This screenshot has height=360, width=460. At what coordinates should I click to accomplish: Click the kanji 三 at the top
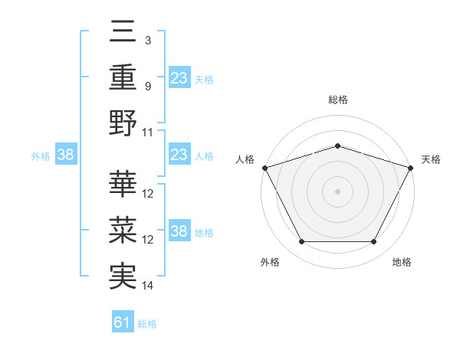[123, 33]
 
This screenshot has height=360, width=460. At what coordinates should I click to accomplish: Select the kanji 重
[123, 77]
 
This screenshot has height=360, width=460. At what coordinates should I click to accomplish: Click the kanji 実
[123, 275]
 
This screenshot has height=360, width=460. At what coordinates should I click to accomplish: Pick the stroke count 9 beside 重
[148, 86]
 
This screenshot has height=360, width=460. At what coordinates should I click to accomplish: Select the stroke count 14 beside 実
[148, 285]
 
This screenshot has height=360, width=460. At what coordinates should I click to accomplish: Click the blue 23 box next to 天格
[179, 78]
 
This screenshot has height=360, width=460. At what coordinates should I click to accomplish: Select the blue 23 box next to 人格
[179, 155]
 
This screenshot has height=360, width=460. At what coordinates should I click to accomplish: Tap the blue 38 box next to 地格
[179, 232]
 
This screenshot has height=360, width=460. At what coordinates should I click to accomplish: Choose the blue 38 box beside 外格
[65, 155]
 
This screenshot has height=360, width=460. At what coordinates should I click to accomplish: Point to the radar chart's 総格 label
[337, 100]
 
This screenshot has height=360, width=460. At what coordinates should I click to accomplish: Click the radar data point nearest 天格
[412, 167]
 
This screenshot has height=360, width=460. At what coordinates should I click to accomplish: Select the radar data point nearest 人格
[264, 168]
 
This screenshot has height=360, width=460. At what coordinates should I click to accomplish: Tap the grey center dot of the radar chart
[337, 191]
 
